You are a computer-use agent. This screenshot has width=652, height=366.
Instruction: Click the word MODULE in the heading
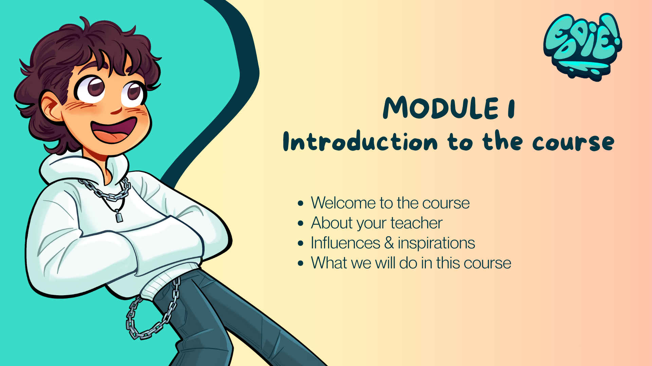(x=441, y=108)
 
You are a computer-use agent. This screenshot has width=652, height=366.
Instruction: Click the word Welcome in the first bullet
(x=343, y=203)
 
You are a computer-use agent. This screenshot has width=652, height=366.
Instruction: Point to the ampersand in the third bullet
(x=389, y=243)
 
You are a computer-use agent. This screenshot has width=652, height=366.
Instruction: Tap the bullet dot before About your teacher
(x=300, y=223)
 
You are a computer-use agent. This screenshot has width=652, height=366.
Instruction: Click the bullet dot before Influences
(x=300, y=243)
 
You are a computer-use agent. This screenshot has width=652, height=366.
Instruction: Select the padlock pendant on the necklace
(x=119, y=216)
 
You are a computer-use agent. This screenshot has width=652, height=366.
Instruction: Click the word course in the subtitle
(x=573, y=142)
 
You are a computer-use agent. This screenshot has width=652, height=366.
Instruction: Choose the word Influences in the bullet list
(x=345, y=243)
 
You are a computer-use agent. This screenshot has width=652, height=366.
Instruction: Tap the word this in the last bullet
(x=448, y=263)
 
